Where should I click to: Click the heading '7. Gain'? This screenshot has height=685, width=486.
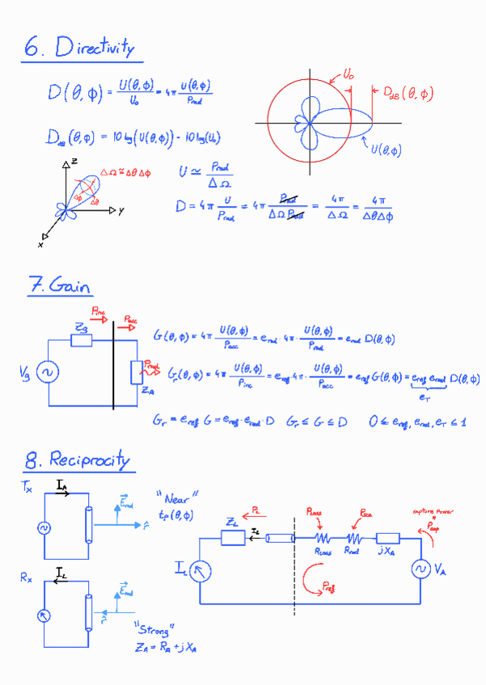61,286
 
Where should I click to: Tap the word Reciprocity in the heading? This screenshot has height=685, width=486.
89,461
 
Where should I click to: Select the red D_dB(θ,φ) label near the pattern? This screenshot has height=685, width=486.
407,94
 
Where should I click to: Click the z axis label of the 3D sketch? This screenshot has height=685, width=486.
74,162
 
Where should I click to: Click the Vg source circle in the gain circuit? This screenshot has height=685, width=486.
48,372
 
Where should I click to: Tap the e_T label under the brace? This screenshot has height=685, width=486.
424,397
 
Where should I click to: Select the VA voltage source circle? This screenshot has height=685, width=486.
420,569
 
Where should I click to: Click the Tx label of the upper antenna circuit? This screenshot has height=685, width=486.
28,487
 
